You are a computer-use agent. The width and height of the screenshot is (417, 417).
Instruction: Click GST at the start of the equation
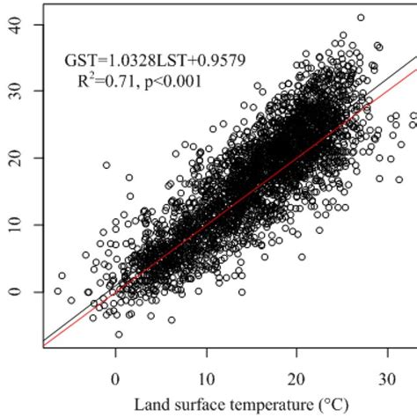[79, 60]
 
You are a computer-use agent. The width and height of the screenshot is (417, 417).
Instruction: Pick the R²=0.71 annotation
[110, 80]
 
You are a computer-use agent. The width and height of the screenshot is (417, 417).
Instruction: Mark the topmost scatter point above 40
[361, 18]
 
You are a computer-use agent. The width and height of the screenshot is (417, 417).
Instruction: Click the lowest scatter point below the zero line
[119, 334]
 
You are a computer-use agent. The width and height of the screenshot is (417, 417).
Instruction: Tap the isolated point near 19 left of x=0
[106, 165]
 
